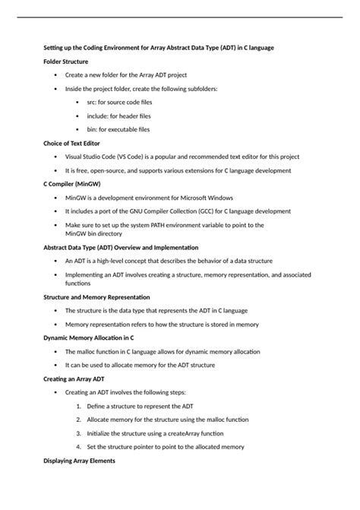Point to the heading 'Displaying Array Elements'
coord(79,461)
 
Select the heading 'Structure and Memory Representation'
coord(96,296)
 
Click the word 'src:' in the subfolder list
coord(91,103)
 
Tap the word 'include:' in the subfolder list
coord(98,116)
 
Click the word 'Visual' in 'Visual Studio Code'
coord(74,157)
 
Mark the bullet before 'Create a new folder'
coord(55,75)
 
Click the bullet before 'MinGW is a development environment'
coord(55,197)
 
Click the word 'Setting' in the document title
coord(55,48)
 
